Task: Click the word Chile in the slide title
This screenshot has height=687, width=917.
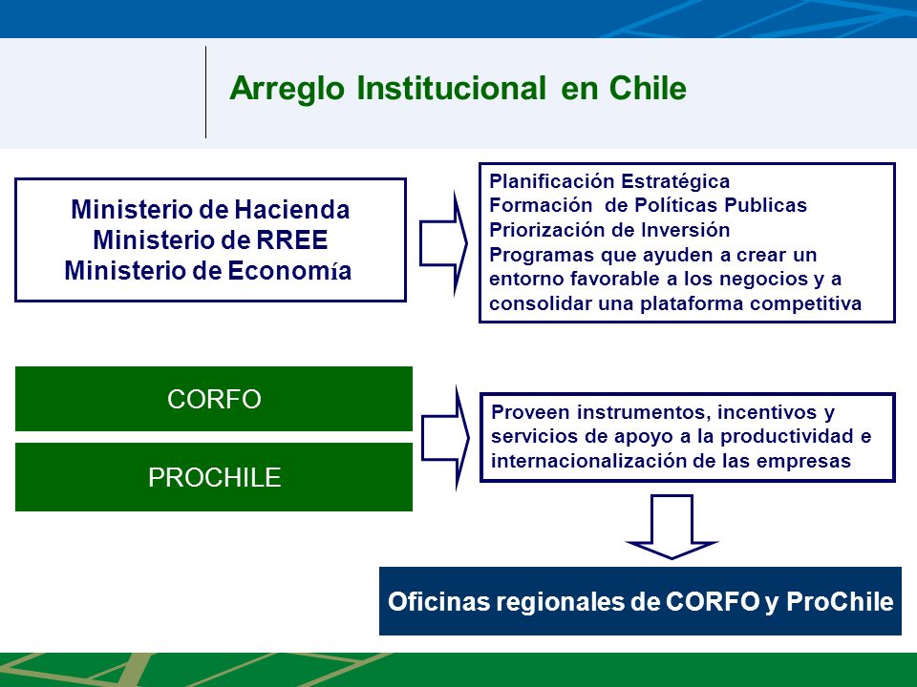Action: [648, 88]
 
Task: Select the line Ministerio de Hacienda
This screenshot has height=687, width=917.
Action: [210, 209]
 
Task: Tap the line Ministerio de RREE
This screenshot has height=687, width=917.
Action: [210, 239]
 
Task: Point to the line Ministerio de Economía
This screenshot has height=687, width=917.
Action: [208, 270]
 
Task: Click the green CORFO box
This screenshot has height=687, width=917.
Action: [214, 399]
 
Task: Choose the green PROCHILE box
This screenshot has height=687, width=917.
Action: [214, 477]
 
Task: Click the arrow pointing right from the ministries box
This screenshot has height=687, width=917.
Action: [443, 243]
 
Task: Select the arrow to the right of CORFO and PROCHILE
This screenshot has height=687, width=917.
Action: [445, 438]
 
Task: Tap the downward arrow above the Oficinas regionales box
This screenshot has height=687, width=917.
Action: [672, 527]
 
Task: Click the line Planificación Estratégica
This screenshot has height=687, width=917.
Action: [609, 181]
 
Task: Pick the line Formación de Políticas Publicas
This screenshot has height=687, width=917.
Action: [648, 205]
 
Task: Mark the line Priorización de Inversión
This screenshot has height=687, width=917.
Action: [609, 230]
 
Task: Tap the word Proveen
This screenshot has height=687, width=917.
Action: [530, 412]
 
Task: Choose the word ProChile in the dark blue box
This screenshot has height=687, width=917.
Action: [840, 602]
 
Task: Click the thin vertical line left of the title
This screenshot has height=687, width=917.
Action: [206, 93]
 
